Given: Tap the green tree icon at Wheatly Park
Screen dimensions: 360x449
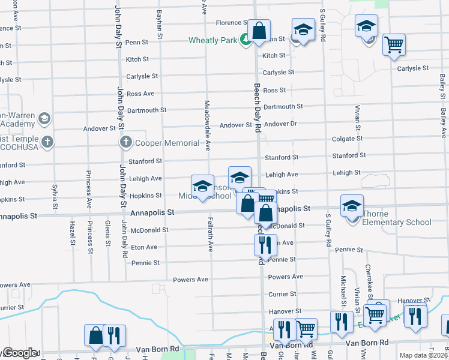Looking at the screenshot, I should tap(244, 40).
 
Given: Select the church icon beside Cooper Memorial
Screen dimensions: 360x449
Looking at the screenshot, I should tap(125, 142).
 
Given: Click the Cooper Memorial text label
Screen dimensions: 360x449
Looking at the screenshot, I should tap(167, 143).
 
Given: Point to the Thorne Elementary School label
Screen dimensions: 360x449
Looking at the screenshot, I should tap(397, 218).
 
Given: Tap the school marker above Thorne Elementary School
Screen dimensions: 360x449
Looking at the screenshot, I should tap(352, 206).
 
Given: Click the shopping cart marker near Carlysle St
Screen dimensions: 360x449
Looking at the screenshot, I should tap(394, 45).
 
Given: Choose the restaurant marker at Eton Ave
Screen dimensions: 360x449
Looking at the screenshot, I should tap(264, 244).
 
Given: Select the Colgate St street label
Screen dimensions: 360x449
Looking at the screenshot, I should tap(348, 138).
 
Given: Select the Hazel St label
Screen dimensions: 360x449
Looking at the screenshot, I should tap(71, 233).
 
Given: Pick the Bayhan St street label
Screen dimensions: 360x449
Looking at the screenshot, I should tap(160, 24).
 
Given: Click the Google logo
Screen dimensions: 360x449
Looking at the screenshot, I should tap(19, 353).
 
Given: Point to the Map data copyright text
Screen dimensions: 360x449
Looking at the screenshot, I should tap(423, 355).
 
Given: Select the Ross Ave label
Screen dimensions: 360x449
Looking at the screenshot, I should tap(140, 94).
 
